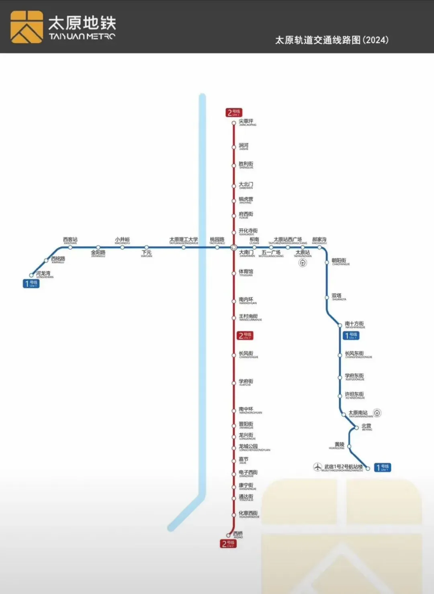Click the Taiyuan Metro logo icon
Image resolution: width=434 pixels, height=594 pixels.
pos(27,27)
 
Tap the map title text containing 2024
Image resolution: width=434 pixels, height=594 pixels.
pos(332,40)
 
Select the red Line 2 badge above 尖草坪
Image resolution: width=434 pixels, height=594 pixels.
pos(234,113)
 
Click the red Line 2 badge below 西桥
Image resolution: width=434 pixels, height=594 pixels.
pos(228,544)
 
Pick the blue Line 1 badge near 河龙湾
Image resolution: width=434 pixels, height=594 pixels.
pos(31,283)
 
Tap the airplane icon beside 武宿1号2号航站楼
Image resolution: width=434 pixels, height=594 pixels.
pos(318,467)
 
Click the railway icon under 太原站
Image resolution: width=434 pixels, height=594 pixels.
pos(303,263)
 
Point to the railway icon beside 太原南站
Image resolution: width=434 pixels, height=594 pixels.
pos(377,413)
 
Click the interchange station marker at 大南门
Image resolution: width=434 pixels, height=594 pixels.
pos(233,248)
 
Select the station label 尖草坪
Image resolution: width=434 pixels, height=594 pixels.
pos(246,121)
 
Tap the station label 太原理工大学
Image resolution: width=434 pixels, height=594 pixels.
pos(184,240)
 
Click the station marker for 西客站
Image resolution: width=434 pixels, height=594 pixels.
pos(70,248)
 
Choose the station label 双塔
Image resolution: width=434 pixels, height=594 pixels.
pos(337,296)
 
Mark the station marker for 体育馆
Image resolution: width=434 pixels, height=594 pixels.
pos(233,273)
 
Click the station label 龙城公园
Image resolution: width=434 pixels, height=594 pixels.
pos(248,447)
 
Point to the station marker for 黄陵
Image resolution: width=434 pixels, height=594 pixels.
pos(349,446)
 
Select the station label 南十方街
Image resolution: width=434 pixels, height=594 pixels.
pos(354,324)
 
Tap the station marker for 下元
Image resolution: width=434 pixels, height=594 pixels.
pos(147,248)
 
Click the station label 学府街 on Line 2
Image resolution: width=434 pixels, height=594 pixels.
pos(246,381)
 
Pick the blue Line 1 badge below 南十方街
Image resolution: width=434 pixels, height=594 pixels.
pos(351,335)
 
